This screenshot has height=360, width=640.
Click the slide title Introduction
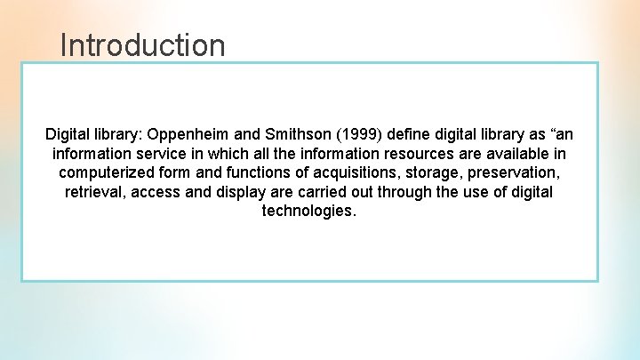[x=142, y=44]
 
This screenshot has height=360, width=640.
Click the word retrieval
[x=94, y=193]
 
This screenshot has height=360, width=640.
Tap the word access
[x=157, y=193]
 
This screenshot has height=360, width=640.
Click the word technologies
[x=308, y=212]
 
